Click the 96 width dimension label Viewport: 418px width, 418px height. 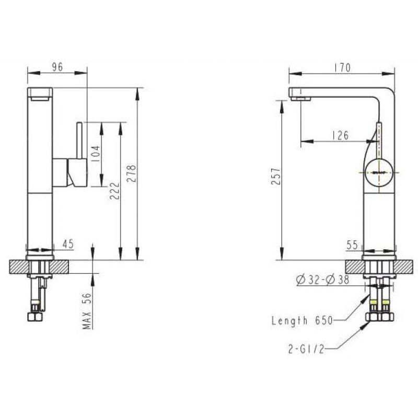57,67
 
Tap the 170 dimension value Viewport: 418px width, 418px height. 343,68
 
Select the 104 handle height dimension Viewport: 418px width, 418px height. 96,154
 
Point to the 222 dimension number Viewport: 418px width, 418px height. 114,191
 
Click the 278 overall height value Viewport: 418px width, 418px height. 131,173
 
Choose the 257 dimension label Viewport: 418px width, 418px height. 276,176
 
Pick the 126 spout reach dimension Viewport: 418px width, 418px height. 341,135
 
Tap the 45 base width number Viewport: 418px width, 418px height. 68,244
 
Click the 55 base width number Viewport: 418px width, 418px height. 352,245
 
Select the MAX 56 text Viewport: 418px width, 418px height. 87,311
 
